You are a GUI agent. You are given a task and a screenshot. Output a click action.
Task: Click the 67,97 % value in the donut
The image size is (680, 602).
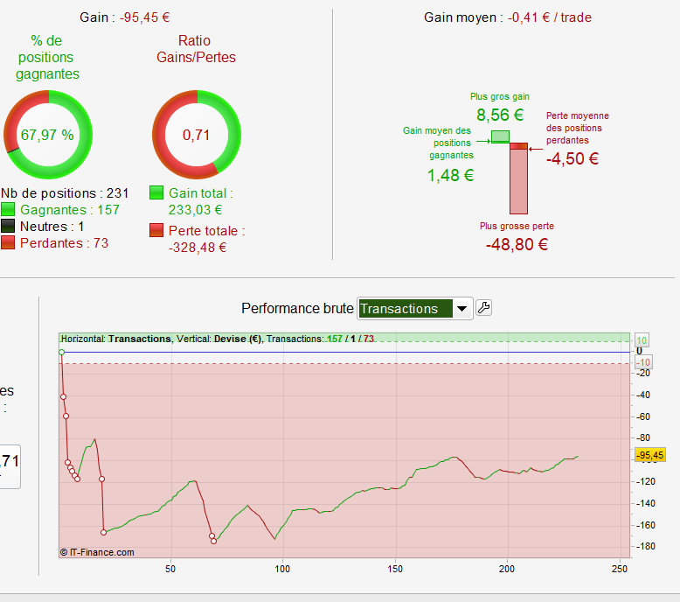(47, 135)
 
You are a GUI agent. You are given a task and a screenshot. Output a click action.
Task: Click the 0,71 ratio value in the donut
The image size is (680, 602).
(197, 135)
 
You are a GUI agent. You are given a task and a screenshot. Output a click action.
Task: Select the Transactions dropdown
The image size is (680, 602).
(415, 308)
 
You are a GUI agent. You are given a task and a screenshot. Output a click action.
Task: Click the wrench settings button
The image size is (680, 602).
(483, 308)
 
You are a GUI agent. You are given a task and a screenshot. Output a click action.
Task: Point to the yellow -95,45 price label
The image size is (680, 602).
(650, 455)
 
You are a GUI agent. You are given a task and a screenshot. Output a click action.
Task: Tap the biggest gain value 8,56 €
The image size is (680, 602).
(500, 115)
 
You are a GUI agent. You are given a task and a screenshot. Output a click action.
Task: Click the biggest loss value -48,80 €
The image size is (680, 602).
(517, 244)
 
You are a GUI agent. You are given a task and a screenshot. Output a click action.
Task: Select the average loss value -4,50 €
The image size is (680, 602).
(572, 158)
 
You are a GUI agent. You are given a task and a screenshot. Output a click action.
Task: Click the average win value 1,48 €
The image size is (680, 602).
(450, 175)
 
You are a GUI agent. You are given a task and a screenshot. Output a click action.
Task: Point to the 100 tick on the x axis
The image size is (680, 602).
(281, 568)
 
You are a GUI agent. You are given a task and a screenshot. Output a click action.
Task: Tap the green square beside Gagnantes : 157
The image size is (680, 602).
(8, 210)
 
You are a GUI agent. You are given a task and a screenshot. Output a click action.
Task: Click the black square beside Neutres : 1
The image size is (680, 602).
(8, 227)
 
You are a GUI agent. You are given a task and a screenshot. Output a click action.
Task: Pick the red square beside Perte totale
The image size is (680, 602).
(156, 230)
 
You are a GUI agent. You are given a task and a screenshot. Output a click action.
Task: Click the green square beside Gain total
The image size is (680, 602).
(156, 192)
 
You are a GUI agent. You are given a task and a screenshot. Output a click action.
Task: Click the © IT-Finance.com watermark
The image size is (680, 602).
(97, 552)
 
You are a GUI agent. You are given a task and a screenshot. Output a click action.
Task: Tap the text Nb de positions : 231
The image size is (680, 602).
(65, 193)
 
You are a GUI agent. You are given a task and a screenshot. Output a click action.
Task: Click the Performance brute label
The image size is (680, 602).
(297, 308)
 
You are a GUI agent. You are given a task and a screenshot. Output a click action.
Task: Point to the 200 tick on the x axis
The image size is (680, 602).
(507, 568)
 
